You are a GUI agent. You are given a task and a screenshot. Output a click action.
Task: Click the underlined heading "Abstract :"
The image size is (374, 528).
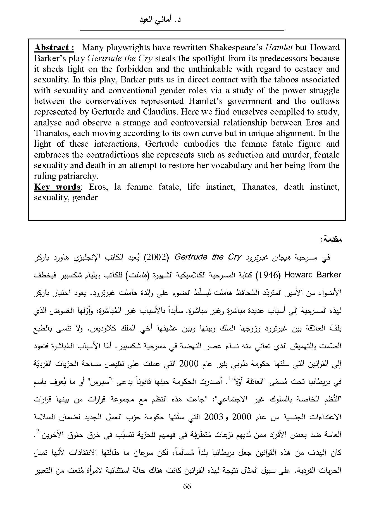[x=54, y=48]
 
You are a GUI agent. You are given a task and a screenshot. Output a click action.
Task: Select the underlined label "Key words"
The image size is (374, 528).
[x=57, y=187]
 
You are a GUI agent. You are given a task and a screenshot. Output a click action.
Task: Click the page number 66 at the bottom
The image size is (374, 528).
[x=187, y=486]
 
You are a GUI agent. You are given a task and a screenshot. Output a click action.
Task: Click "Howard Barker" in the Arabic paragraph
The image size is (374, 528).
[x=313, y=275]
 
